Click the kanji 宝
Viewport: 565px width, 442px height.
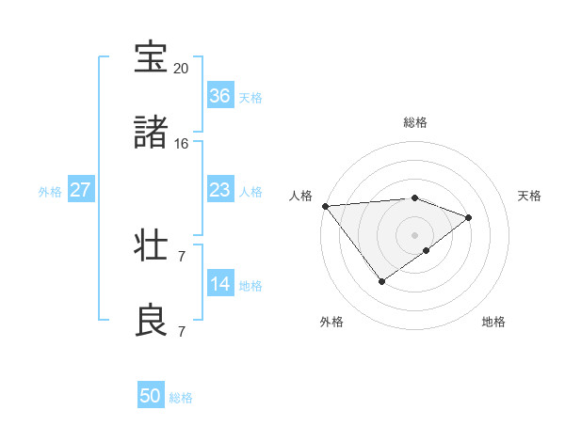[151, 58]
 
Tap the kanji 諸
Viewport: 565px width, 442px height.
[151, 134]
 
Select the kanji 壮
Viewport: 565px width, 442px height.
[151, 246]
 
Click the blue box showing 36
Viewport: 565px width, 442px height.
[219, 96]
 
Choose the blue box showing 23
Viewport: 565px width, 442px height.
[219, 190]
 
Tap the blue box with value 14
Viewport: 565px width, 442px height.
[219, 284]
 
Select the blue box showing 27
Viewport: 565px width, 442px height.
[80, 190]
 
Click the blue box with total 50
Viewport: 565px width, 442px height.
[151, 396]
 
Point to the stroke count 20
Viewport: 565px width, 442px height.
[181, 69]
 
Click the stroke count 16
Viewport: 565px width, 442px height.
[181, 144]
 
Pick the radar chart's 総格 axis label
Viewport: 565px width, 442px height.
[414, 122]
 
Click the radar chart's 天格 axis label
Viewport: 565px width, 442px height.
[529, 196]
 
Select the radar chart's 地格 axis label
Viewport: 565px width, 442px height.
[493, 322]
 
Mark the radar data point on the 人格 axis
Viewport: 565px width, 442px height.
[325, 205]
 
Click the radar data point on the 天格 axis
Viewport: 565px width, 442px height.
[468, 217]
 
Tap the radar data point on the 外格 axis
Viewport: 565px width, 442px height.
[381, 280]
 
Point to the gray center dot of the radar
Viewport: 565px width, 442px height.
[414, 234]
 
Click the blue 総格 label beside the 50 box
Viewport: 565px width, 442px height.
[181, 398]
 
